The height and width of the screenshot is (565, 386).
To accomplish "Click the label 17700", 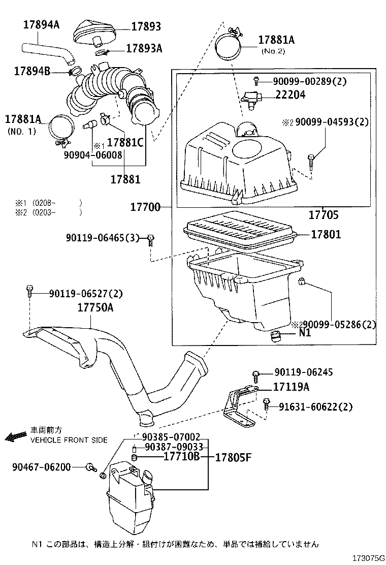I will [x=145, y=207].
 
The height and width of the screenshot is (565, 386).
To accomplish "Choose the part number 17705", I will [x=324, y=215].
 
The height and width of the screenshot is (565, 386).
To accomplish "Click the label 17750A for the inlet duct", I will [x=95, y=308].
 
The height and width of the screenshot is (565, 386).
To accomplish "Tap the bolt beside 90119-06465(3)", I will [x=151, y=238].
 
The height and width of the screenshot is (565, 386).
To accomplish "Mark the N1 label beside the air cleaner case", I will [x=305, y=334].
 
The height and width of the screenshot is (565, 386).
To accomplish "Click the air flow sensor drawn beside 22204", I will [x=251, y=96].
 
